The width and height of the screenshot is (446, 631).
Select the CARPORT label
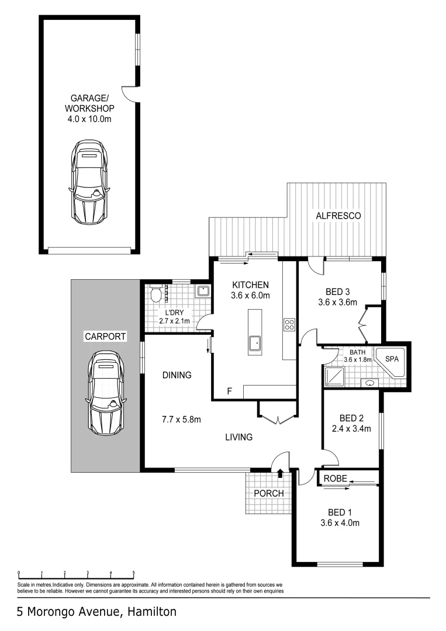[x=106, y=337]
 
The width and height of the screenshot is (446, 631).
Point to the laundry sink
[x=202, y=292]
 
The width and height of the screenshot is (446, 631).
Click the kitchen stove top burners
[x=289, y=324]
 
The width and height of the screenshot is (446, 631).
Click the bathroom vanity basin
[x=371, y=383]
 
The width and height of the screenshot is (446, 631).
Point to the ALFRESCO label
[x=338, y=216]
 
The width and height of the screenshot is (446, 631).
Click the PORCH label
[x=268, y=493]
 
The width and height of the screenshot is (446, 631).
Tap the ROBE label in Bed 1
[x=335, y=479]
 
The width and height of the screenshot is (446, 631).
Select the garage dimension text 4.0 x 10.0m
[x=89, y=119]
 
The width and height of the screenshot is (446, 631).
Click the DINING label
[x=177, y=375]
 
